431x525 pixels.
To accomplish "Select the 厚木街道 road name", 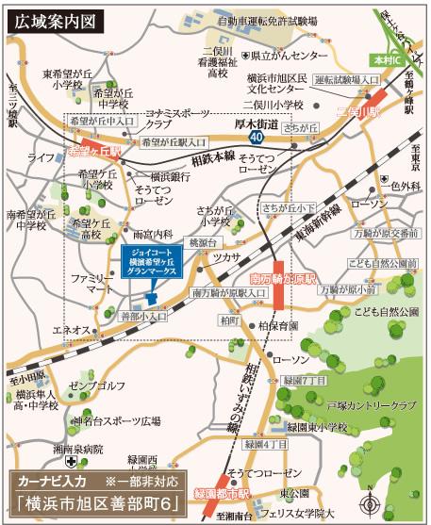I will pos(257,123).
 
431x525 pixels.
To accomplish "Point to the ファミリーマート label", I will pos(91,286).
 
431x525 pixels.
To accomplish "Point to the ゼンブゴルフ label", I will pos(95,386).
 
